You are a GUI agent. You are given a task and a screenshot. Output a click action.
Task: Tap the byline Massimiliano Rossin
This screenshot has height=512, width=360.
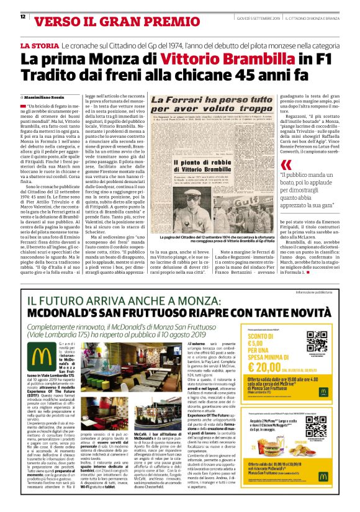[48, 97]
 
